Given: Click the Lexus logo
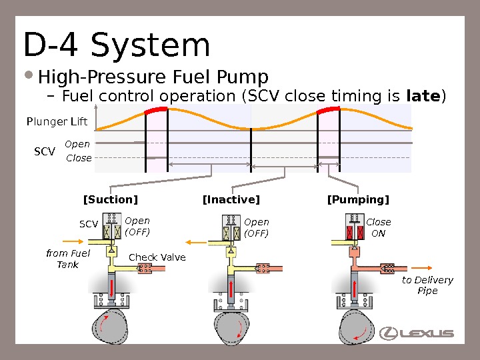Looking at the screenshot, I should (x=417, y=333).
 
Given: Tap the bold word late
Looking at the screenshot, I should (x=423, y=97).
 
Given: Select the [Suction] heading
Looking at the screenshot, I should (x=110, y=200).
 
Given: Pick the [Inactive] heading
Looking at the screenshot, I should (x=231, y=200).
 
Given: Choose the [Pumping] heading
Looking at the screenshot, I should (x=358, y=200).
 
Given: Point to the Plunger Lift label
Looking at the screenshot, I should (x=57, y=121).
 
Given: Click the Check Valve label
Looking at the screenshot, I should (x=157, y=257).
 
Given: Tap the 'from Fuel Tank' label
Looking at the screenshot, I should (x=67, y=259).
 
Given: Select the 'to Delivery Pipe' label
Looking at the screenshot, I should (x=427, y=285).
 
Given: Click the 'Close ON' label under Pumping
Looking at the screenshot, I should (x=379, y=227).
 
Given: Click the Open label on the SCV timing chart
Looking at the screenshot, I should (x=77, y=144).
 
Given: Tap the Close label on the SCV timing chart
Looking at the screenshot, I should (x=79, y=158).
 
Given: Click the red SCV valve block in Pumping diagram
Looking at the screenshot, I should (x=353, y=233).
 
